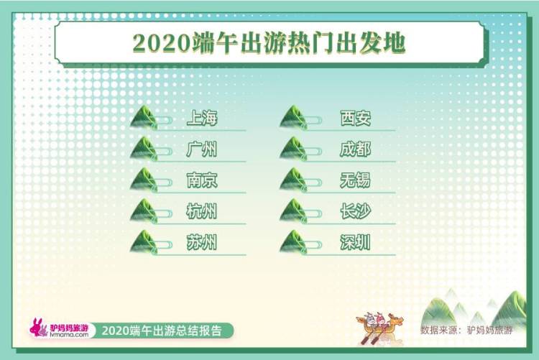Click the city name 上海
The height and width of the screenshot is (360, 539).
point(201,118)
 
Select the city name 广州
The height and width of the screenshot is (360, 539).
point(201,149)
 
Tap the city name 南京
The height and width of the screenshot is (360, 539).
point(201,180)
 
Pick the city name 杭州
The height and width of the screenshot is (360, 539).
point(201,211)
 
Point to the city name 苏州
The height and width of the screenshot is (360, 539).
point(201,243)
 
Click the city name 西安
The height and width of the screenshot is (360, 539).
point(355,118)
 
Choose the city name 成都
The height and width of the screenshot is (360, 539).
point(355,149)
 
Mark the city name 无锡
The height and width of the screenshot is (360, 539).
point(355,180)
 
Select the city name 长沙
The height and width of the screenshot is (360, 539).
point(355,211)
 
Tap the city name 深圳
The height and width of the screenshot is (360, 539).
point(355,243)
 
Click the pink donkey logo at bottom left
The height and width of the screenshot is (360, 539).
point(39,328)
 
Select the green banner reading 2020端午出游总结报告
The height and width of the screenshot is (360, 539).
point(167,331)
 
